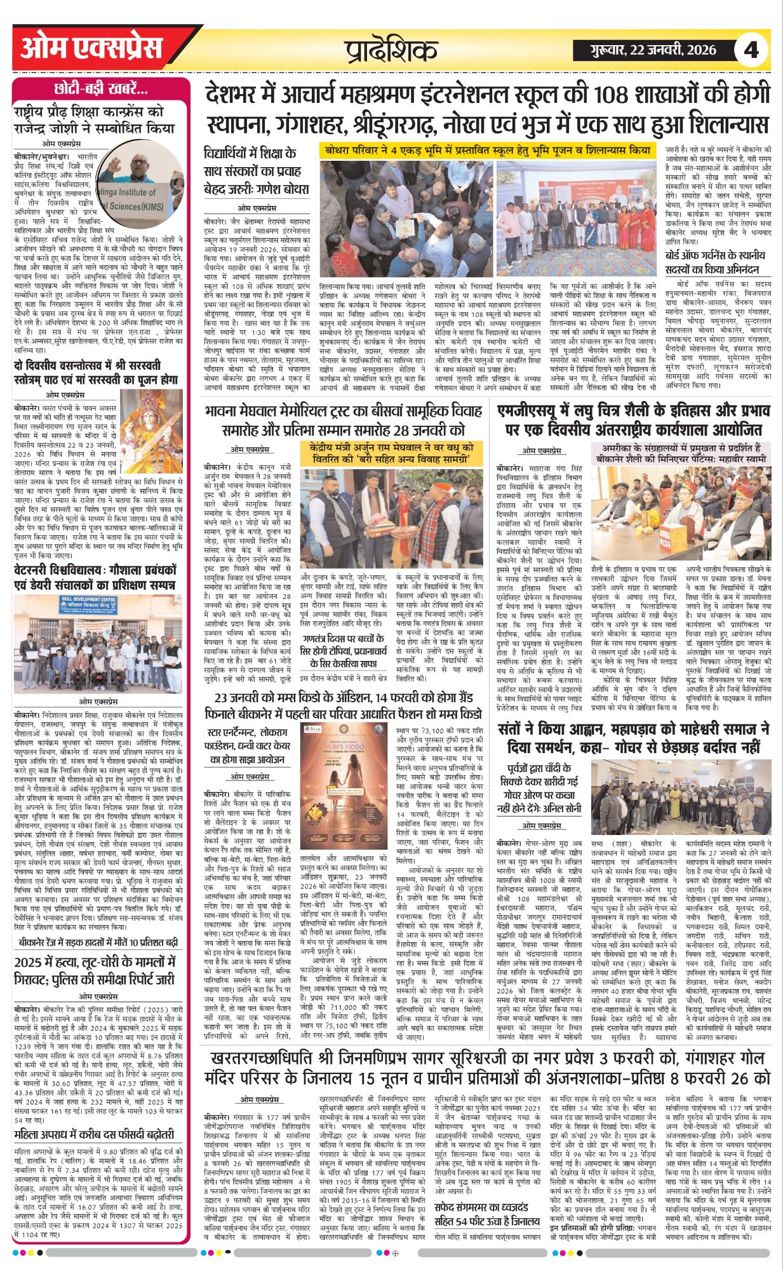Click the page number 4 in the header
point(751,50)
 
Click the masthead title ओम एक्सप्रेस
point(92,48)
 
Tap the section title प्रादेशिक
point(391,50)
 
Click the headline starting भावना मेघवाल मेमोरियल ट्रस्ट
point(343,420)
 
